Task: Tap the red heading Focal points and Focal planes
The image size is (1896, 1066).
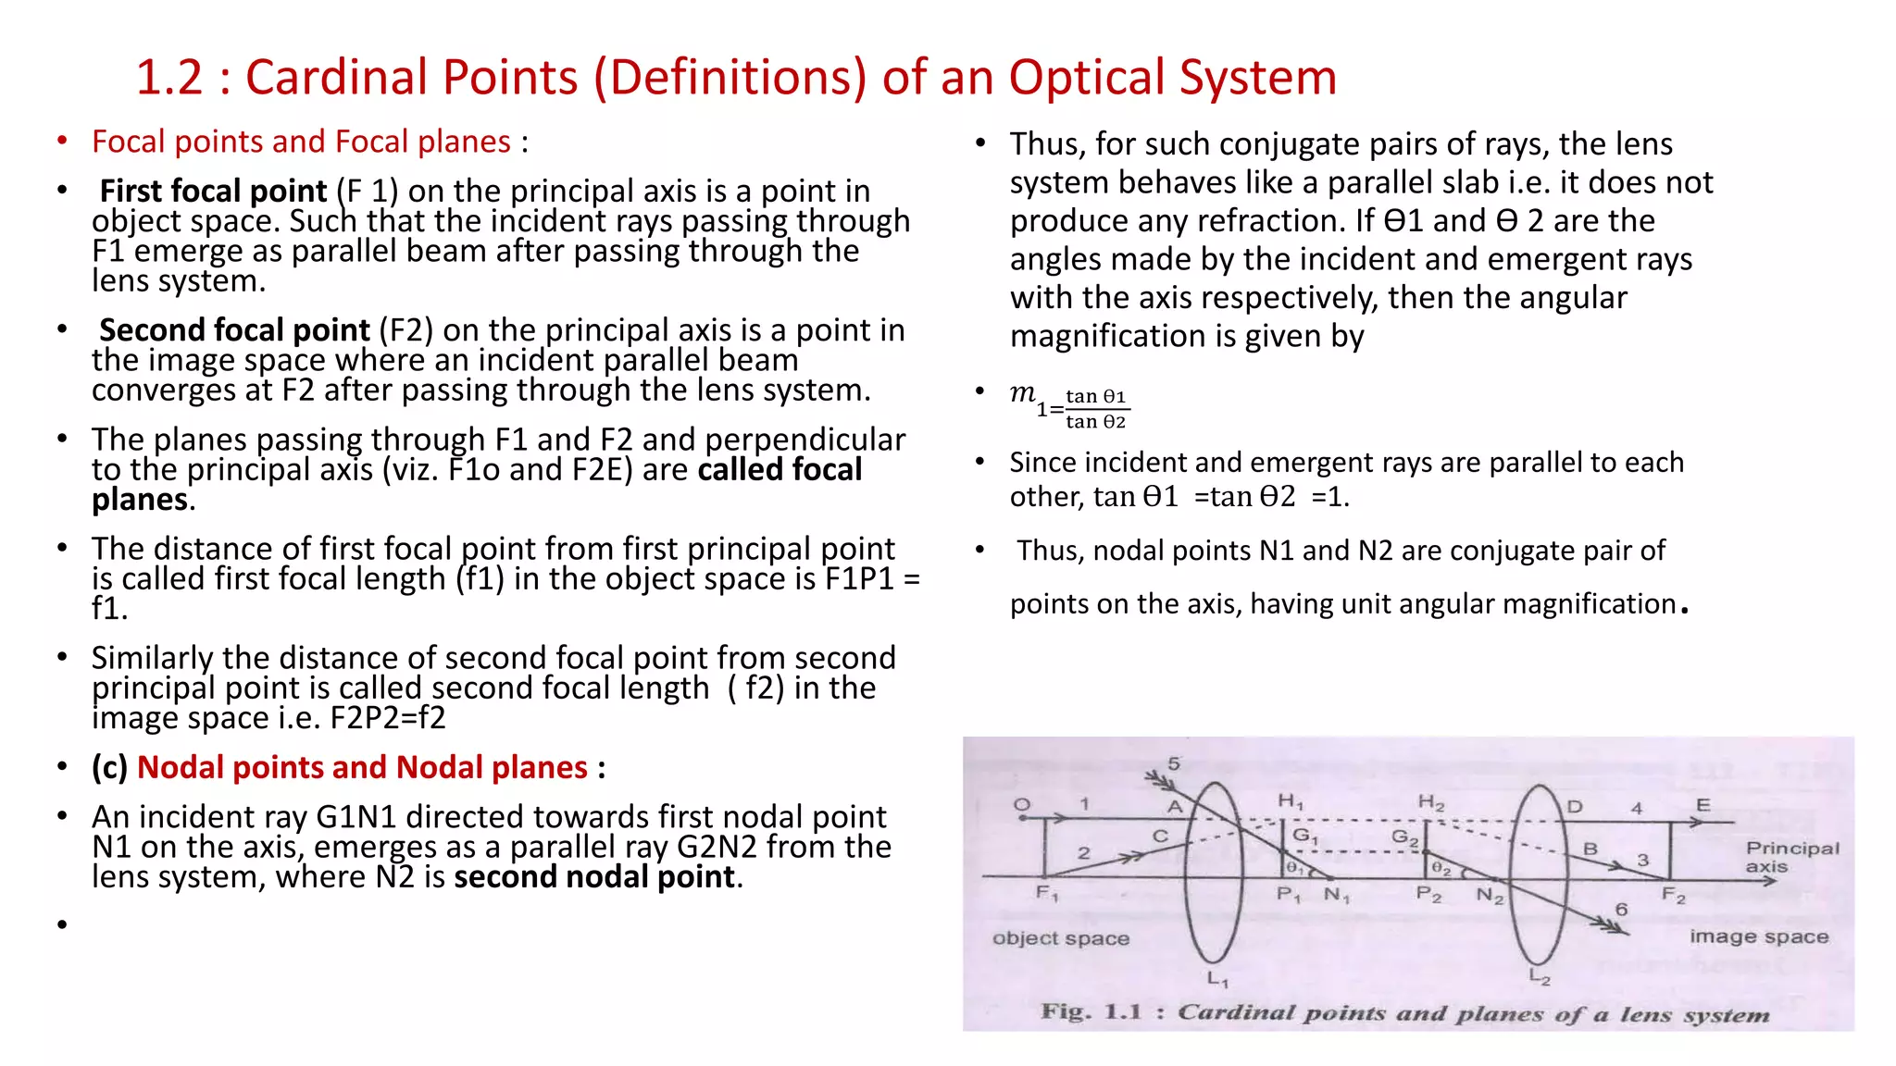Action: click(301, 142)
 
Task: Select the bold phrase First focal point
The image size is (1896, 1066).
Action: click(213, 191)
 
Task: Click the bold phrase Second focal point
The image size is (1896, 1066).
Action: click(234, 330)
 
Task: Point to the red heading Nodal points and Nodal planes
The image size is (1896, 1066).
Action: click(362, 767)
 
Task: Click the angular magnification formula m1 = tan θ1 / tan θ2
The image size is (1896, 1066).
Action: click(1069, 407)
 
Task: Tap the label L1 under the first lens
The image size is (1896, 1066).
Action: click(1216, 979)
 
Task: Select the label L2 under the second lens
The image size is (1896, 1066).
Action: click(1539, 976)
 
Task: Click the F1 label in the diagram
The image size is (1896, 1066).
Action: click(1046, 893)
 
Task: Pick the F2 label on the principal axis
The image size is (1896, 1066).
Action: click(1673, 895)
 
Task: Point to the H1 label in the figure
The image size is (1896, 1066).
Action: click(1290, 801)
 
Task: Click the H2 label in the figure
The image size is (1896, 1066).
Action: click(1430, 802)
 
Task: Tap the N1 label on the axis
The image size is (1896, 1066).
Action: click(1336, 895)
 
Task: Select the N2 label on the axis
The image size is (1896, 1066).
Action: click(1490, 895)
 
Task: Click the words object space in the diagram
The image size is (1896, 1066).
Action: click(1060, 938)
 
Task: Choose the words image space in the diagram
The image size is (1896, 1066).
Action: click(1758, 936)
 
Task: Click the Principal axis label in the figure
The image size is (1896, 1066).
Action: click(1791, 857)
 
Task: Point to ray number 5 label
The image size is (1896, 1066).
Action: click(1173, 763)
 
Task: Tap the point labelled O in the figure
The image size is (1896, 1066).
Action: click(1021, 804)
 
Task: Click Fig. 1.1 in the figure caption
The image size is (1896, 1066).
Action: click(1091, 1011)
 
